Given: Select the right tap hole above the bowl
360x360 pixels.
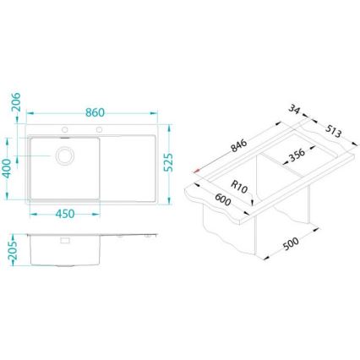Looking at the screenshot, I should pyautogui.click(x=99, y=129).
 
